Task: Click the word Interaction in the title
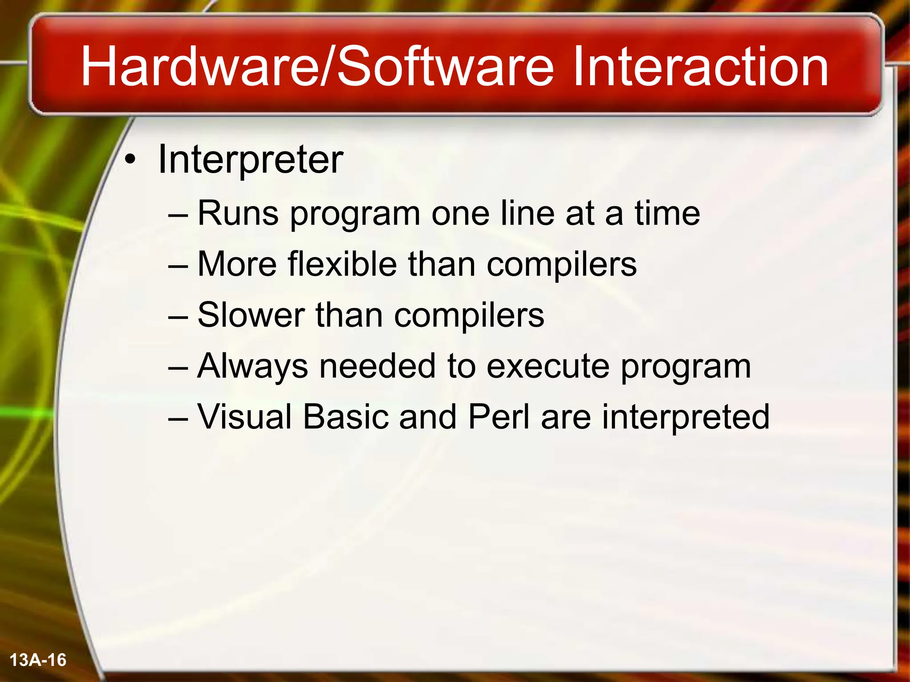700,67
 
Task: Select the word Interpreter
250,160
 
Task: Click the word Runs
238,214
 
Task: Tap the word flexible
342,265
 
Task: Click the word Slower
251,315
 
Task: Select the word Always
252,366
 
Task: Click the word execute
548,366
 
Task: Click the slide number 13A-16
38,660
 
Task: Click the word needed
377,366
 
